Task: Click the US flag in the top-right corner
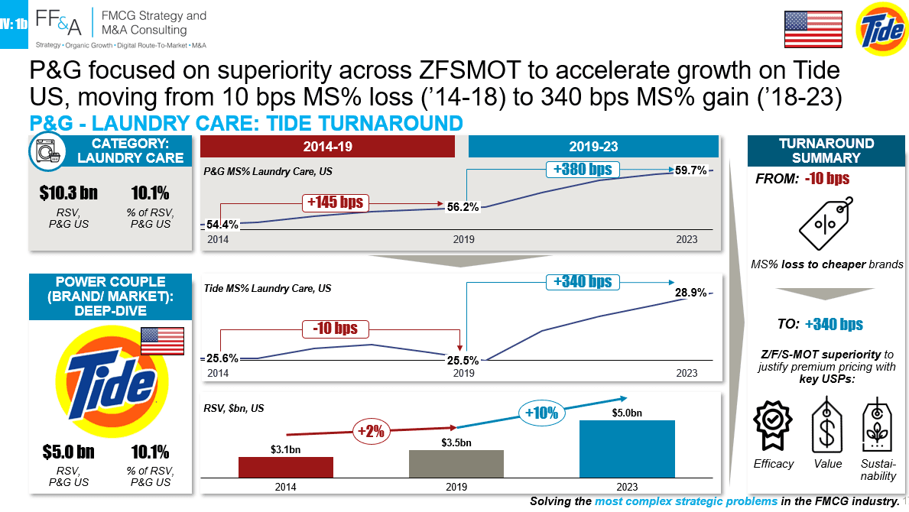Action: click(813, 29)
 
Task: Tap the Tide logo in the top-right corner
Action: click(881, 28)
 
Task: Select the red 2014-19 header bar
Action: click(327, 147)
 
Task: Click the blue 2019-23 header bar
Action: click(593, 147)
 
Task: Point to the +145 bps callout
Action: click(335, 203)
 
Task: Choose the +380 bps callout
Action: click(583, 169)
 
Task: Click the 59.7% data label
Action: click(691, 170)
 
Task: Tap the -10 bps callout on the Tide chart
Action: click(335, 329)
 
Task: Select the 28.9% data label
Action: click(690, 293)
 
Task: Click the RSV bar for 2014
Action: click(286, 468)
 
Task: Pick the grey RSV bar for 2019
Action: click(456, 464)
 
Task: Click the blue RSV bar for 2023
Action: click(627, 449)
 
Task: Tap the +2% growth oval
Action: click(371, 431)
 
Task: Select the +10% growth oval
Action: click(541, 413)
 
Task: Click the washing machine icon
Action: click(47, 152)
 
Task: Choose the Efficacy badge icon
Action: click(773, 425)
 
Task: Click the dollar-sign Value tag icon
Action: click(827, 425)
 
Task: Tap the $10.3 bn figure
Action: click(68, 193)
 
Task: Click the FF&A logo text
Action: click(58, 22)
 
